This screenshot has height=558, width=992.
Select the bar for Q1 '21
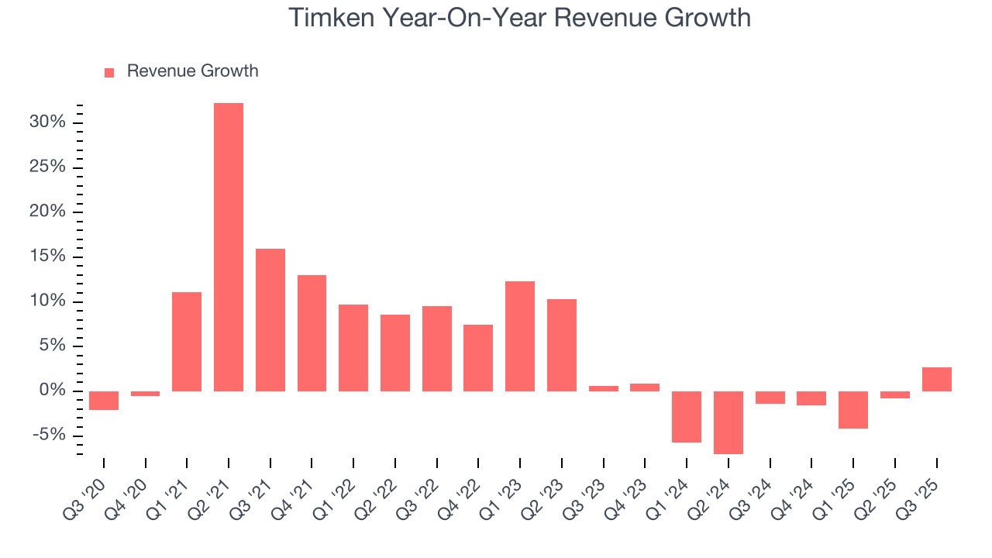(187, 341)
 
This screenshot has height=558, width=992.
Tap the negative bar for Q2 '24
(728, 422)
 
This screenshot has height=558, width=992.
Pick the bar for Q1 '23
(519, 336)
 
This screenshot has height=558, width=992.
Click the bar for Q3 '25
(936, 379)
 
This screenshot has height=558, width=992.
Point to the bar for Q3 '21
(270, 319)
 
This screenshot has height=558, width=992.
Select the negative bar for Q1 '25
(853, 409)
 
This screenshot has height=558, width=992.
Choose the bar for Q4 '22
(478, 357)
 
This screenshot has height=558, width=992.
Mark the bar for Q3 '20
(104, 400)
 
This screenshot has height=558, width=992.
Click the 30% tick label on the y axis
(47, 122)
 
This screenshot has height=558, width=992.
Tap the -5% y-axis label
(49, 435)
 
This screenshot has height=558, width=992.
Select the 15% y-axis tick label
(47, 257)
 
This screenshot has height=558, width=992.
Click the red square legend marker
(109, 72)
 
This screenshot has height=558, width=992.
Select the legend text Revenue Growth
(192, 71)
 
